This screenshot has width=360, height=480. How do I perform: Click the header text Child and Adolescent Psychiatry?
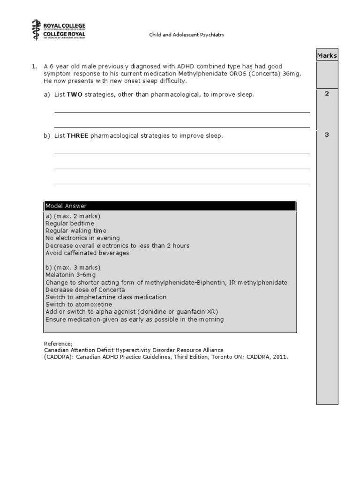click(x=187, y=35)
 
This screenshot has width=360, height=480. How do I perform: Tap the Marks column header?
click(x=327, y=56)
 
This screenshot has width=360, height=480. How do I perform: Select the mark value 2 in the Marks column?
click(x=327, y=94)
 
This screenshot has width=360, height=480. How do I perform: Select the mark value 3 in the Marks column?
click(x=327, y=135)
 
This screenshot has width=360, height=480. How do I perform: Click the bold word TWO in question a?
click(x=75, y=95)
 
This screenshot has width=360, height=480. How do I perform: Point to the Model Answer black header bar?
click(x=170, y=206)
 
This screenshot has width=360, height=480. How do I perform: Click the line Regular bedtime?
click(x=69, y=224)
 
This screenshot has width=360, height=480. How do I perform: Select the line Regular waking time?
click(x=75, y=231)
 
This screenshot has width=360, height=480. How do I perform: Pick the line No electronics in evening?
click(x=82, y=238)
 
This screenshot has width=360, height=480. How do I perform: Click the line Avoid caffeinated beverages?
click(x=87, y=253)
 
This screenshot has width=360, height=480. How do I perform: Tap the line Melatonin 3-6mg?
click(x=72, y=275)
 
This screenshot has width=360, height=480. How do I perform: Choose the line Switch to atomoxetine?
click(x=79, y=305)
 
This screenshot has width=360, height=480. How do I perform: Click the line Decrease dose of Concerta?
click(x=85, y=290)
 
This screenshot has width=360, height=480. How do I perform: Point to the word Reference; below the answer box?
click(x=58, y=343)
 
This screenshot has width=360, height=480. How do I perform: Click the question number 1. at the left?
click(x=34, y=67)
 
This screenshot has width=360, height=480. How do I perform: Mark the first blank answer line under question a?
click(x=182, y=112)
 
